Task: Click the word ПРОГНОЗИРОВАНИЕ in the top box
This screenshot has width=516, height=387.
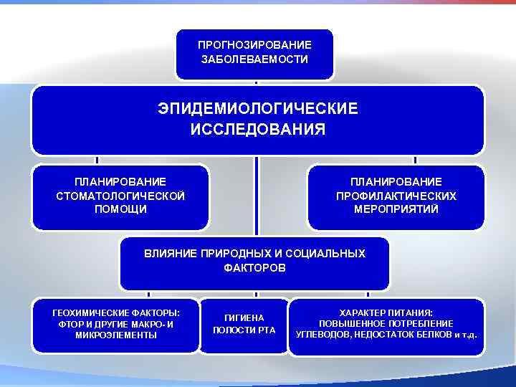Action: (x=254, y=44)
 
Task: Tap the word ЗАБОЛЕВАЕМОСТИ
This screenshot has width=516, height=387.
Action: (x=254, y=59)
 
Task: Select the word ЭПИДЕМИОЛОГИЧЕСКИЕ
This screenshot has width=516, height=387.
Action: (x=257, y=109)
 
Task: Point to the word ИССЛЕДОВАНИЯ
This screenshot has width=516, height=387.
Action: (x=257, y=130)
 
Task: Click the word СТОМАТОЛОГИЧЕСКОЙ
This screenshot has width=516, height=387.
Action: (x=120, y=196)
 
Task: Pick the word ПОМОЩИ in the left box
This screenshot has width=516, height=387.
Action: (x=120, y=209)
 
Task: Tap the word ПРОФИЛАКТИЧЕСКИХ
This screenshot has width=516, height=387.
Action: (x=396, y=196)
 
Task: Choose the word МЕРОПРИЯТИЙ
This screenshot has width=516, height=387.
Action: (x=396, y=209)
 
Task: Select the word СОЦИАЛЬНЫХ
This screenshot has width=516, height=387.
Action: (x=331, y=254)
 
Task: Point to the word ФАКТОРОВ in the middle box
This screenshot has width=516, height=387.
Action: (x=254, y=267)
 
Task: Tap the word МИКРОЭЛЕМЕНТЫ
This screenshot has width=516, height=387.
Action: (x=116, y=335)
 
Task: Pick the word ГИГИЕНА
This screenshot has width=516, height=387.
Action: (x=244, y=317)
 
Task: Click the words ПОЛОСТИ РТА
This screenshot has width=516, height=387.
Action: (x=244, y=330)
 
